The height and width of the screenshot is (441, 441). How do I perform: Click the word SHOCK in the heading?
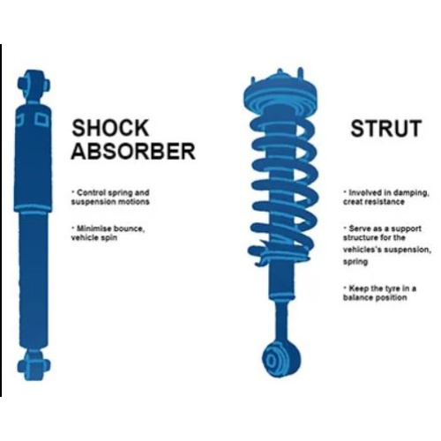(x=110, y=128)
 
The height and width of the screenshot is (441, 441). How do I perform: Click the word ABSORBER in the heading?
(x=133, y=151)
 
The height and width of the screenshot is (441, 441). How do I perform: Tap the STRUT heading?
(x=386, y=128)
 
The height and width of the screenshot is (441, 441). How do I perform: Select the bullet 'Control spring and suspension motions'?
(x=110, y=198)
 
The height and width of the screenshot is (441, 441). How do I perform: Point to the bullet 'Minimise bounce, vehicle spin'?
(x=108, y=233)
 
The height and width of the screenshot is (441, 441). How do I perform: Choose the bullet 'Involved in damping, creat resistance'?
(x=386, y=198)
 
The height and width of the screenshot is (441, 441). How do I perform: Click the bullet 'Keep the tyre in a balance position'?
(x=379, y=293)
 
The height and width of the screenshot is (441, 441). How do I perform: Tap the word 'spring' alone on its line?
(x=355, y=261)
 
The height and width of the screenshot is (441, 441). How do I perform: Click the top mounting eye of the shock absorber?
(x=34, y=84)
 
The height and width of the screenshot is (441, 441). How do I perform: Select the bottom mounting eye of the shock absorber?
(x=34, y=365)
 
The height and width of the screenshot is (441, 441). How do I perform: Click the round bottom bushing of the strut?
(x=281, y=359)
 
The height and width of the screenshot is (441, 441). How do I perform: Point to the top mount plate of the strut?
(x=280, y=90)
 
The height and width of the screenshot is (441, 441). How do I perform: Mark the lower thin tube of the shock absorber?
(x=34, y=280)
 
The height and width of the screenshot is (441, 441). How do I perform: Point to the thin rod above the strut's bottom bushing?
(x=281, y=319)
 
